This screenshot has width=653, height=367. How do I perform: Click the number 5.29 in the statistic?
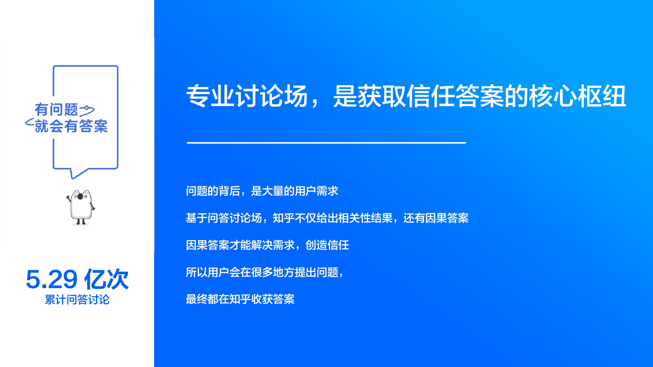click(52, 280)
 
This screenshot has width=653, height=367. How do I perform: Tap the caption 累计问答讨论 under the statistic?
click(77, 300)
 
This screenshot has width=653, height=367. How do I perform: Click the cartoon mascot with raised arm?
click(81, 207)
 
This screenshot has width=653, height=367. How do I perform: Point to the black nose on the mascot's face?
click(80, 197)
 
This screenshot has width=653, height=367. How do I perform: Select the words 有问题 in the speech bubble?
click(56, 110)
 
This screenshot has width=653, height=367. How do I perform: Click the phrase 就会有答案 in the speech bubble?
click(71, 126)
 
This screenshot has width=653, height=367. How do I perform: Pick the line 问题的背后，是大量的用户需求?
click(262, 191)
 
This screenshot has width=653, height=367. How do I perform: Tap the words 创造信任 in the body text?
click(327, 245)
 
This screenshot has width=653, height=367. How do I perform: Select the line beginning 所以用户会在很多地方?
click(264, 272)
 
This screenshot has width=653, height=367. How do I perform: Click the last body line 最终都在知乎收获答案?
click(240, 299)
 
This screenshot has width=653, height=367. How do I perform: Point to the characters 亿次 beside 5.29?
click(106, 280)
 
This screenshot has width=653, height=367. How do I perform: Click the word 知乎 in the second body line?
click(283, 218)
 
